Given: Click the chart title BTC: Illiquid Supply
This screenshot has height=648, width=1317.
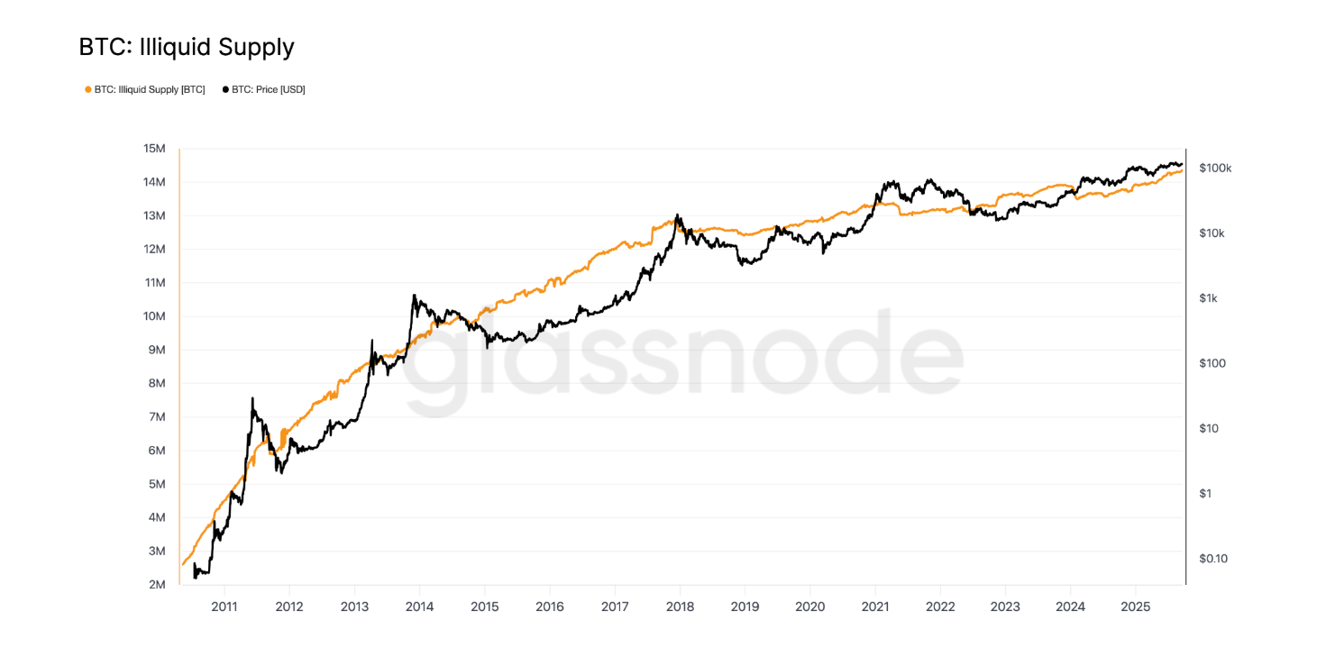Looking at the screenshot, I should pos(187,47).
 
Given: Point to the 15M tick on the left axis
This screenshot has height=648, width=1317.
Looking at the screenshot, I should pos(154,149).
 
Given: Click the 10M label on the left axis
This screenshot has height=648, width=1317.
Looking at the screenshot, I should pos(154,316).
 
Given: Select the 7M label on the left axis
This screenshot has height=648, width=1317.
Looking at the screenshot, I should pos(154,417).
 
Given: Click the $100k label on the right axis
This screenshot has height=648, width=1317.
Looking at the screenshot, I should pos(1215,169).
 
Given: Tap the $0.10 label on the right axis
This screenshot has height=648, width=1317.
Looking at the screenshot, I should pos(1213,559).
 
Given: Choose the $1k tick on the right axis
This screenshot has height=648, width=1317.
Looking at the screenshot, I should pos(1208,298).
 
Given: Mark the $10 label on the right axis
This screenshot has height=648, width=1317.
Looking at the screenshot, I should pos(1208,429).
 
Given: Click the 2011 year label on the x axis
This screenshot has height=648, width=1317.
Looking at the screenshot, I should pos(224,607).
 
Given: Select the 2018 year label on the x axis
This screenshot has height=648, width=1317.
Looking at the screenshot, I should pos(680,607).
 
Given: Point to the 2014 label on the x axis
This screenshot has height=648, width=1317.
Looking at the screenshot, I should pos(419,607).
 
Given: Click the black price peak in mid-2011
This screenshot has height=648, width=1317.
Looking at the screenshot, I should pos(252,398).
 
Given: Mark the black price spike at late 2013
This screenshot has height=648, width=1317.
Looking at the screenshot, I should pos(414,296).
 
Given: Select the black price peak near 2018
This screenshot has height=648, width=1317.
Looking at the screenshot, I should pos(678,214).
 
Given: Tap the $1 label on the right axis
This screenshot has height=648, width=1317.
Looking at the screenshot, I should pos(1205,494).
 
